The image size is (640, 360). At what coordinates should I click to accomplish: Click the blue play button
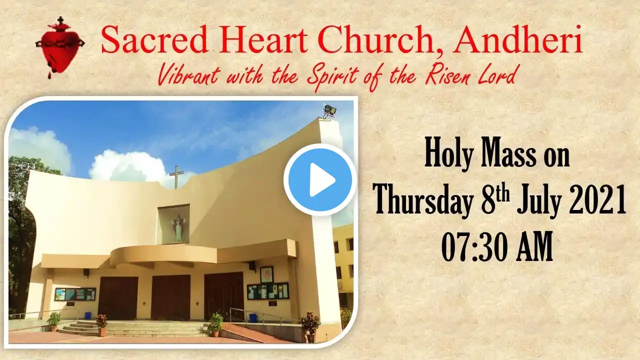tap(320, 179)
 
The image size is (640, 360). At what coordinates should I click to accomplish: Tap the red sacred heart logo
tap(60, 47)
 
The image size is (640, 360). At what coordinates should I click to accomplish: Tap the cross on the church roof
tap(176, 177)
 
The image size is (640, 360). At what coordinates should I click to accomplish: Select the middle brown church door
tap(170, 297)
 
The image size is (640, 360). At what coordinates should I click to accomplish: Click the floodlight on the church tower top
tap(329, 110)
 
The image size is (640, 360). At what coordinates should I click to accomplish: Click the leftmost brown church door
tap(117, 298)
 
